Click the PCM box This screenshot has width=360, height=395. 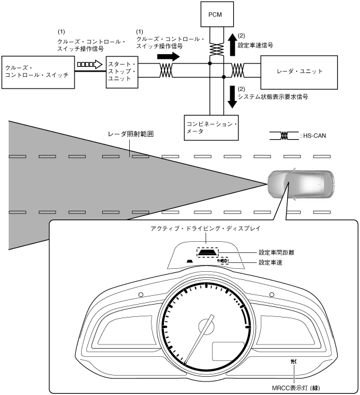click(x=217, y=14)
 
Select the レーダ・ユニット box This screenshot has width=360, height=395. click(x=299, y=72)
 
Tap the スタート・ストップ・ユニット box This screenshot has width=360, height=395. click(x=122, y=72)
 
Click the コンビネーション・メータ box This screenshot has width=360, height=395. click(x=211, y=128)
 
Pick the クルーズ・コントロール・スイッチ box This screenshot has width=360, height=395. click(x=38, y=72)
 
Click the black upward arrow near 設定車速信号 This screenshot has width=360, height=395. click(x=233, y=45)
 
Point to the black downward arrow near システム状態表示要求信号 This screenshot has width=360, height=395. click(x=233, y=97)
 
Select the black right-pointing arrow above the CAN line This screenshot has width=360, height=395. click(x=169, y=56)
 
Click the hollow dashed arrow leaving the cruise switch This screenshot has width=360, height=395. click(x=89, y=65)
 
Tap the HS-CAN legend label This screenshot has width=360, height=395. click(x=314, y=136)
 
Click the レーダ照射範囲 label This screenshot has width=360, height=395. click(x=130, y=134)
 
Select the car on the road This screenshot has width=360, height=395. click(x=301, y=184)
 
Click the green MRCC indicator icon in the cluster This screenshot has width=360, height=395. click(x=294, y=362)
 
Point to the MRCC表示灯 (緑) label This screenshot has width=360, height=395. click(x=296, y=388)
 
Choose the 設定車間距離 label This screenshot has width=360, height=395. click(x=276, y=252)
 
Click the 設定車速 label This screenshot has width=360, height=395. click(x=271, y=262)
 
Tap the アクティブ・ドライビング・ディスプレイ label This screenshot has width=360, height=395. click(x=206, y=228)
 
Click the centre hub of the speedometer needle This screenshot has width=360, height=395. click(x=207, y=327)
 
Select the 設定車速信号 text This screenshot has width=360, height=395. click(x=255, y=45)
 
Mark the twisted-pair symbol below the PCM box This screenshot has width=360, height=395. click(x=217, y=49)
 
